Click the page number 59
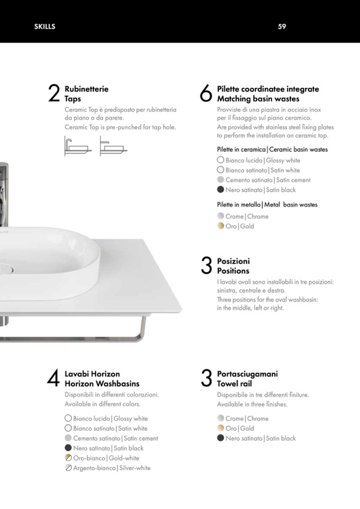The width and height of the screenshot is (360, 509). click(x=282, y=27)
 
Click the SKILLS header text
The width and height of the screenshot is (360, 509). click(x=45, y=27)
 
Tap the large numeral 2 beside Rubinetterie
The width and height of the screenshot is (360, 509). click(x=54, y=93)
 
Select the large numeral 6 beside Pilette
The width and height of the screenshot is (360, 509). click(x=206, y=93)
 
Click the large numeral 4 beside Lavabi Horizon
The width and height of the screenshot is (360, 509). click(x=53, y=378)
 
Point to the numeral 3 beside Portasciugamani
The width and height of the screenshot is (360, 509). click(x=207, y=378)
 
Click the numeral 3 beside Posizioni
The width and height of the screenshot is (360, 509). click(x=207, y=265)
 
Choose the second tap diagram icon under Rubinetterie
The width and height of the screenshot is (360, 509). click(x=113, y=146)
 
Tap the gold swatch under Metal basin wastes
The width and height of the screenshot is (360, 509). click(x=220, y=226)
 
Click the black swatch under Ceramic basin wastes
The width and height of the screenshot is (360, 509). click(x=220, y=189)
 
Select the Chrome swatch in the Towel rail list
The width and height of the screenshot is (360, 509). click(x=220, y=418)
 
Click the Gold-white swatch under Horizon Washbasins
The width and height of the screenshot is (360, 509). click(x=68, y=458)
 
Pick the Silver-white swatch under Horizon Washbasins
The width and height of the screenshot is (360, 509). click(x=68, y=468)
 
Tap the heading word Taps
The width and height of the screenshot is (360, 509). click(x=73, y=99)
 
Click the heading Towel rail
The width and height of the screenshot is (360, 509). click(x=234, y=384)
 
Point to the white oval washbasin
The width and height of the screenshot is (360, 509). click(x=49, y=260)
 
